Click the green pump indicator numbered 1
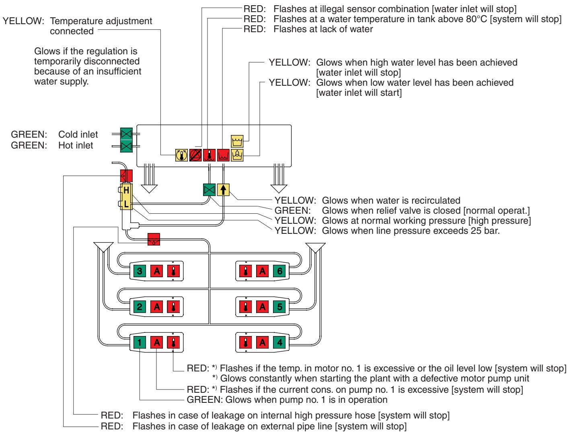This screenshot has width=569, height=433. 139,342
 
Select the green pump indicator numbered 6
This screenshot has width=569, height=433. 279,271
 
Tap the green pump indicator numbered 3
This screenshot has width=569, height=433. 139,271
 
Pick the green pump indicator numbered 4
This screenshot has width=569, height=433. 279,342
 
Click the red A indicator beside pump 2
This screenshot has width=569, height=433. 156,307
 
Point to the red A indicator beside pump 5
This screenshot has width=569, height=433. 262,307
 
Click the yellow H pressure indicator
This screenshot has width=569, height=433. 126,190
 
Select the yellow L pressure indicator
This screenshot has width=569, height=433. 126,204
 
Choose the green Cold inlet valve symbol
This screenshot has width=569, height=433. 127,134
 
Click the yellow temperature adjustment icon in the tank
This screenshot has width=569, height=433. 181,155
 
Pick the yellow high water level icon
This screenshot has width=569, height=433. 237,141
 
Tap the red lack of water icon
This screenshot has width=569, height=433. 223,155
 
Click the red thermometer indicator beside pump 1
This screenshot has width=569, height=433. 173,342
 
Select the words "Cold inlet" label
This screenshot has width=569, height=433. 78,134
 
